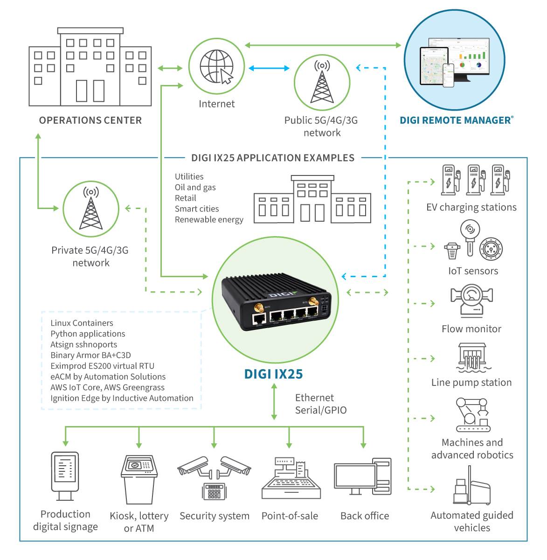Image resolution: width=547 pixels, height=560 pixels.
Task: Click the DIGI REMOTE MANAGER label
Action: (456, 120)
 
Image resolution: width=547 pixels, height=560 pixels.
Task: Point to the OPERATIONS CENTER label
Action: (90, 120)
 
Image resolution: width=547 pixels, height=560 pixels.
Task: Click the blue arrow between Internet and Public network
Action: (269, 68)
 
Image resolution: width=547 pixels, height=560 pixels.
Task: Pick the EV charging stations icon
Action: (475, 180)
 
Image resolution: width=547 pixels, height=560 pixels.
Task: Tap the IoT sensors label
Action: (473, 271)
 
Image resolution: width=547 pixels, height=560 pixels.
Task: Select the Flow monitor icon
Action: (471, 301)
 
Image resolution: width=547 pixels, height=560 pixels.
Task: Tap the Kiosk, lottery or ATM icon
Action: (139, 479)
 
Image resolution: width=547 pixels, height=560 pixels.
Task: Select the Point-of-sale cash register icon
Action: (291, 478)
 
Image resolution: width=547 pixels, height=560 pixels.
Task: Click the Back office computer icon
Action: (362, 477)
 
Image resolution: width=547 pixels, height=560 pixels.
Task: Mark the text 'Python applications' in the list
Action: (88, 334)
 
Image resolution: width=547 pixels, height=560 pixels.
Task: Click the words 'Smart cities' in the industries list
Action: (196, 209)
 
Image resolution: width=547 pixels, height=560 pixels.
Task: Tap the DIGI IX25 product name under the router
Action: (273, 374)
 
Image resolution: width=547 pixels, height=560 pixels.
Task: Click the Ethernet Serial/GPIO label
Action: (321, 404)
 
